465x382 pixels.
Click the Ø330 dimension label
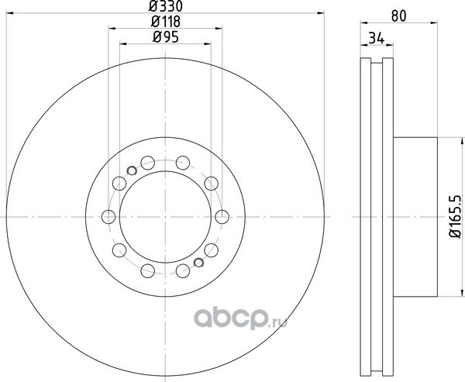click(x=166, y=6)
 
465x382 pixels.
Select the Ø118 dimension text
click(x=166, y=22)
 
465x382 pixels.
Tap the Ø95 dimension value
click(x=166, y=37)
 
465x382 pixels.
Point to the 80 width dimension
click(x=398, y=16)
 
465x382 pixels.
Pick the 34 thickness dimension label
click(x=377, y=39)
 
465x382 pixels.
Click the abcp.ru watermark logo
click(x=240, y=318)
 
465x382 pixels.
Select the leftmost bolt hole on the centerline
click(x=108, y=217)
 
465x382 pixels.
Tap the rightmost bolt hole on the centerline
click(x=222, y=217)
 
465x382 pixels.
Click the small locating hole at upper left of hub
click(x=132, y=170)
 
